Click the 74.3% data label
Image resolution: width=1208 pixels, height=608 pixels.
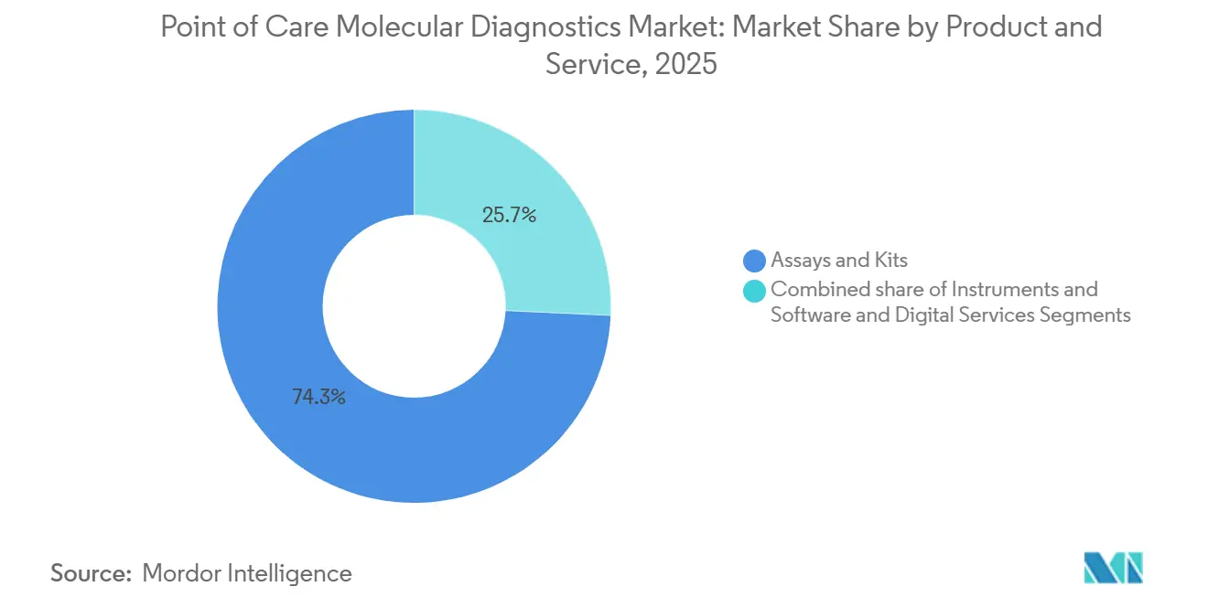tap(318, 397)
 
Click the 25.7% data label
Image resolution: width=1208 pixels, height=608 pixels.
tap(509, 216)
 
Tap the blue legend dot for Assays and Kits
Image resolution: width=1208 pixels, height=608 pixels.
tap(755, 261)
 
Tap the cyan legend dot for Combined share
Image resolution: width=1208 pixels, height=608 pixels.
tap(755, 291)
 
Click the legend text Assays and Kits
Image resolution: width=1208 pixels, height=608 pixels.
tap(838, 261)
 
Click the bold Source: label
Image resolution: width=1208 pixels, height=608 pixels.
tap(90, 573)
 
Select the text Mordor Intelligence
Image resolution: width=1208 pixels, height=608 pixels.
tap(247, 573)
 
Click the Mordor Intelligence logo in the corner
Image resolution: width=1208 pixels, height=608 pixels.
tap(1113, 568)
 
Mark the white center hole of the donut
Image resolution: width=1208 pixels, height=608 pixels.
tap(414, 306)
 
